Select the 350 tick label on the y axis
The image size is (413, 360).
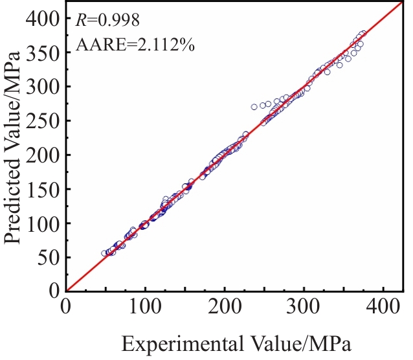click(x=44, y=52)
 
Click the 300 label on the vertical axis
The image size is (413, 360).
click(x=44, y=87)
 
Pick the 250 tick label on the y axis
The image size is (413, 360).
click(x=44, y=121)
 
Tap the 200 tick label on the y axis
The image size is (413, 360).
click(x=44, y=155)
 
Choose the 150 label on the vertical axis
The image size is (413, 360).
click(x=44, y=189)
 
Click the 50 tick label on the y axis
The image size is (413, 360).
click(x=49, y=258)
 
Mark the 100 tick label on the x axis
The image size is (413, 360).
click(x=146, y=304)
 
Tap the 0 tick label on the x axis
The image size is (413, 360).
click(x=67, y=304)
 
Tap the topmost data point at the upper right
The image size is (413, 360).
click(x=364, y=33)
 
